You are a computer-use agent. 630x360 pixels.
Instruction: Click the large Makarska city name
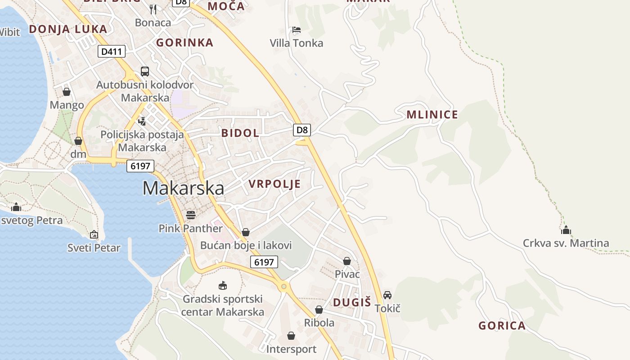[x=183, y=188]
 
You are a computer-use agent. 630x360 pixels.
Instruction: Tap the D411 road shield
[x=112, y=52]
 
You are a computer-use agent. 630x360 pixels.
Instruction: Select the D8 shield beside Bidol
[x=302, y=130]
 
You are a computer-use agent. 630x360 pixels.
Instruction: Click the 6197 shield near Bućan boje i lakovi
[x=264, y=262]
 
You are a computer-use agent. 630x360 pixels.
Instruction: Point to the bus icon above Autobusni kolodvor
[x=145, y=71]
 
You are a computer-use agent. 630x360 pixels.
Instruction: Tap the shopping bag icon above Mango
[x=67, y=92]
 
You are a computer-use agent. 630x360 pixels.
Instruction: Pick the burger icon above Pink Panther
[x=191, y=215]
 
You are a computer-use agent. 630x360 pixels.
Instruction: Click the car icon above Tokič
[x=387, y=295]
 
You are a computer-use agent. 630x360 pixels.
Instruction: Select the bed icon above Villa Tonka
[x=296, y=30]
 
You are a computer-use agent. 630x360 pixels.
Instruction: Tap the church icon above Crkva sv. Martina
[x=566, y=230]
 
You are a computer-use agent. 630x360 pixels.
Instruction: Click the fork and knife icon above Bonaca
[x=153, y=9]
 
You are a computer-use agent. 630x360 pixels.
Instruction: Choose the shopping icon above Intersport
[x=291, y=336]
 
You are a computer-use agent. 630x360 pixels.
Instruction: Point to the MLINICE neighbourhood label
[x=432, y=115]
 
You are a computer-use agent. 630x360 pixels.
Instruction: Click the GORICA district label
[x=502, y=326]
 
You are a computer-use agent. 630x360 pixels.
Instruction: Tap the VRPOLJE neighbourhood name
[x=274, y=184]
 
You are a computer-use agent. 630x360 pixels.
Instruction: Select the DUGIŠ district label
[x=352, y=302]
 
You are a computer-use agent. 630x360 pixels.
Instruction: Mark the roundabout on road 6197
[x=283, y=286]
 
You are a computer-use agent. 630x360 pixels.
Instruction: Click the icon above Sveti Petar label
[x=94, y=234]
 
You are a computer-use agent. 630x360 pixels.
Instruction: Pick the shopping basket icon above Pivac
[x=347, y=261]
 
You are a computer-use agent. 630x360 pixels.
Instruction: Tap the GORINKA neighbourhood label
[x=184, y=43]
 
